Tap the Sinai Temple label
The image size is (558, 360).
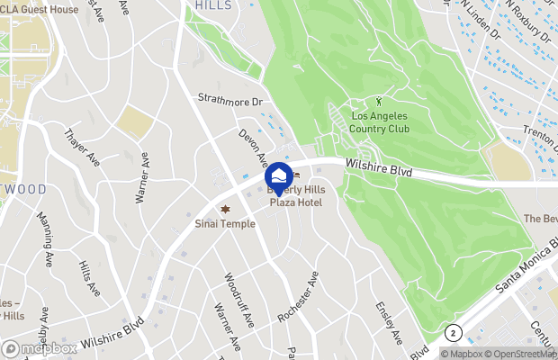(225, 223)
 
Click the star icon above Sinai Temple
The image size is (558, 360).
(225, 209)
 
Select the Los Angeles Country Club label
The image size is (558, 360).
(380, 123)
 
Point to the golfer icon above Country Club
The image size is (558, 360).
(379, 102)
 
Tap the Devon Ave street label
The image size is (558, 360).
(253, 148)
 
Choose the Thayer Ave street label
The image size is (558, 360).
(81, 148)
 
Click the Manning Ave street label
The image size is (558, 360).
(45, 255)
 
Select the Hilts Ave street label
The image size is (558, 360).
(89, 280)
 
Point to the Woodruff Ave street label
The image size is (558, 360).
(239, 300)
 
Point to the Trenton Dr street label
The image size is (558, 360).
(538, 134)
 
